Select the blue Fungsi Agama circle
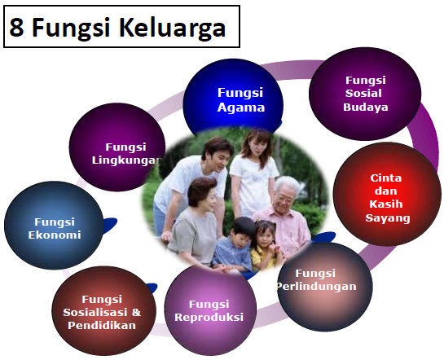(x=235, y=99)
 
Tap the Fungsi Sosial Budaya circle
(x=365, y=93)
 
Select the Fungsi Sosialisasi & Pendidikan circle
(x=101, y=310)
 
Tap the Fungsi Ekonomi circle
(x=56, y=227)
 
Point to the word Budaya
(x=365, y=107)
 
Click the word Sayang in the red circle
(x=388, y=218)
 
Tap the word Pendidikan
(x=102, y=324)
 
